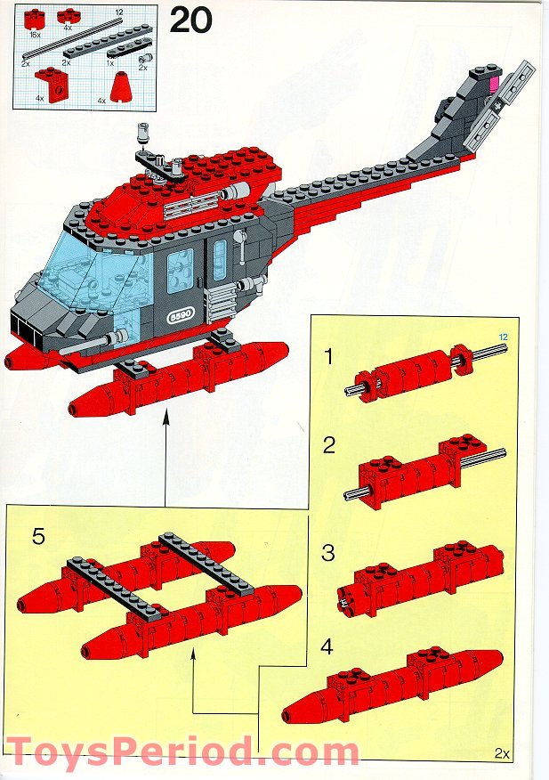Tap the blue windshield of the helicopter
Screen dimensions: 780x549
tap(85, 267)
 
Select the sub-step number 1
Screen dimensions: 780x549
tap(328, 357)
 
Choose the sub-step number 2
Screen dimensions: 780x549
tap(328, 445)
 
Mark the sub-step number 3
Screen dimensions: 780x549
tap(328, 553)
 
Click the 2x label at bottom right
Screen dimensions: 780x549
tap(504, 754)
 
